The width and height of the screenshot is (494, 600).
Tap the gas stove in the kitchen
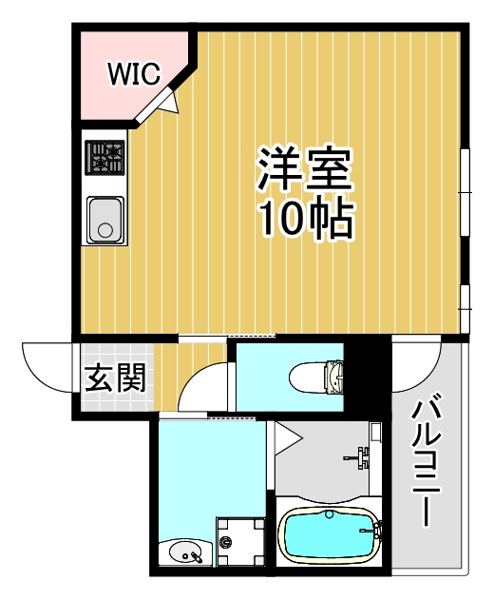tap(105, 158)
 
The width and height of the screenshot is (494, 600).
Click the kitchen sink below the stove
tap(105, 219)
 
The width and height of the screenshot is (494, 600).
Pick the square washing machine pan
tap(240, 543)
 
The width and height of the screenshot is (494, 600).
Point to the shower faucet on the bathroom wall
tap(362, 456)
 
